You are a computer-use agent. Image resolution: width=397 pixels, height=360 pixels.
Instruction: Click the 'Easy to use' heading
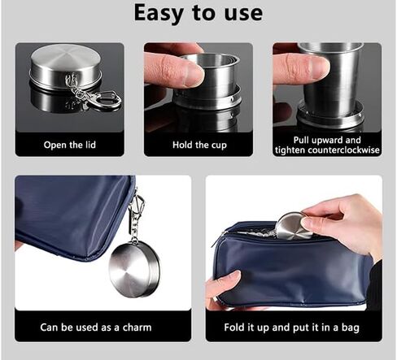(198, 13)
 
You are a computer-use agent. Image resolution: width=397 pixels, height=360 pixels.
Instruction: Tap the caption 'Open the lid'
(70, 145)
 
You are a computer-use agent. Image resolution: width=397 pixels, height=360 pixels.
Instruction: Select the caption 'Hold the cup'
(199, 145)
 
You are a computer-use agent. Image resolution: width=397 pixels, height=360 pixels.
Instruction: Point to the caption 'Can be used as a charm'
(96, 327)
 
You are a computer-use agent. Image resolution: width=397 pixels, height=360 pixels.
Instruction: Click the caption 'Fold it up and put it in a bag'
(292, 327)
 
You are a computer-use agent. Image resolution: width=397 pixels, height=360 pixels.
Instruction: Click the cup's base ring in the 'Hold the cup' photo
(207, 97)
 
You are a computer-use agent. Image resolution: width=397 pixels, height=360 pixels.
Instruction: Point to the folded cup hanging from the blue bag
(134, 270)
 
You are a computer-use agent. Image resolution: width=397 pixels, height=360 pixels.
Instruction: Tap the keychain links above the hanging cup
(134, 230)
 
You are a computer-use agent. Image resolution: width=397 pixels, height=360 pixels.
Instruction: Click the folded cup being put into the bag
(293, 226)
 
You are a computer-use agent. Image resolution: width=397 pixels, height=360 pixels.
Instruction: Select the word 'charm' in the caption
(137, 327)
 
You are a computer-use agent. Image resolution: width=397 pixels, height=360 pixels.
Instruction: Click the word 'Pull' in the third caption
(301, 140)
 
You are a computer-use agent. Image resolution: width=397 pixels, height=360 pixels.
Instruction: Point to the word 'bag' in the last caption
(351, 327)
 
